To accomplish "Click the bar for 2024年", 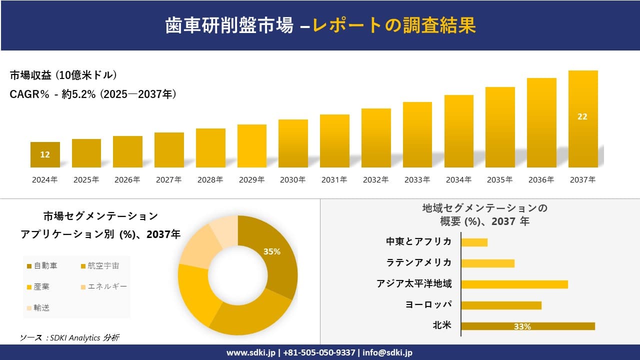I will (45, 154).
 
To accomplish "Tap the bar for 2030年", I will (293, 143).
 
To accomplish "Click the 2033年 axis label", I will (417, 180).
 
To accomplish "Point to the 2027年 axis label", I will (168, 180).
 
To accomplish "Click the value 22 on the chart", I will (582, 116).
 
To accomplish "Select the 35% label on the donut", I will (272, 251).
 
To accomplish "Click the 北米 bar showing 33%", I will (528, 326).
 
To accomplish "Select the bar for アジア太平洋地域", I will (514, 284).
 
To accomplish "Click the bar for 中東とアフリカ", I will (474, 242).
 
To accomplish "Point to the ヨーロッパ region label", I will (429, 304).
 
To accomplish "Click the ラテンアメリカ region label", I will (419, 262).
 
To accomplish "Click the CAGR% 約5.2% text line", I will (93, 94).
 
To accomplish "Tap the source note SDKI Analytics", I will (70, 338).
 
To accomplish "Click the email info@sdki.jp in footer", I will (387, 352).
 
